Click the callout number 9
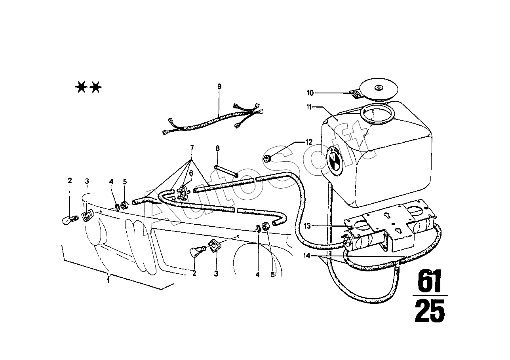(219, 86)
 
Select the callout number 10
(310, 93)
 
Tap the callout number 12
(309, 141)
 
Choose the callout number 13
(308, 226)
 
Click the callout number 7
(192, 148)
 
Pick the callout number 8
(217, 148)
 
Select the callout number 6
(190, 173)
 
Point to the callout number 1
(108, 280)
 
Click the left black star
(80, 87)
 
